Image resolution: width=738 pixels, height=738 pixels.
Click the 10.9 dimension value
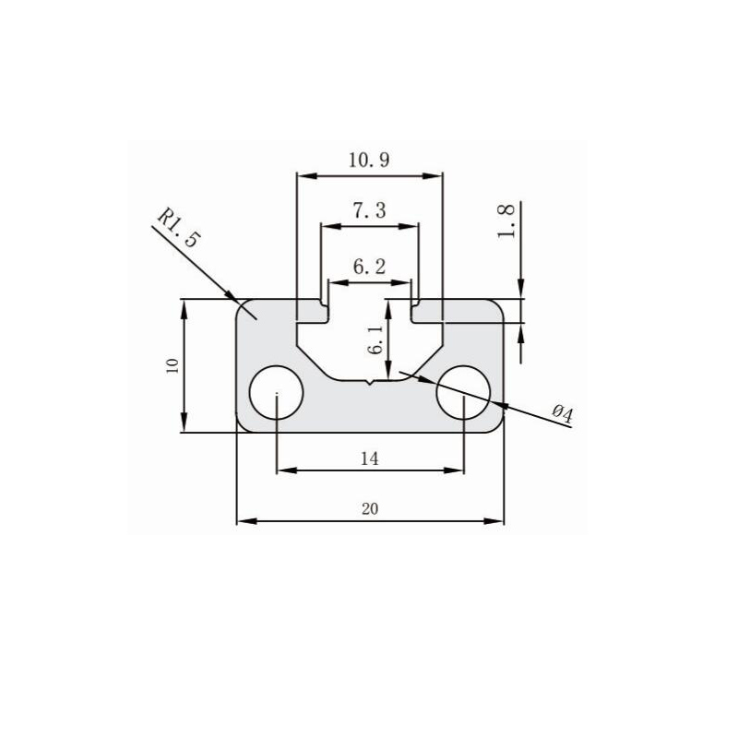pyautogui.click(x=369, y=160)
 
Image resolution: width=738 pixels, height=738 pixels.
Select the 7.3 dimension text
pyautogui.click(x=369, y=211)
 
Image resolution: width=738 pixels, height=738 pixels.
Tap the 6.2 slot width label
pyautogui.click(x=369, y=267)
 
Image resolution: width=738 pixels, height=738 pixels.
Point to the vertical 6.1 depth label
pyautogui.click(x=374, y=340)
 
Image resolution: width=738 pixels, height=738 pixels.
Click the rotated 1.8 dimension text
pyautogui.click(x=506, y=221)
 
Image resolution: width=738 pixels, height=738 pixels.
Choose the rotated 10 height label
pyautogui.click(x=172, y=366)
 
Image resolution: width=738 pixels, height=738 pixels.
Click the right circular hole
pyautogui.click(x=463, y=393)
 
